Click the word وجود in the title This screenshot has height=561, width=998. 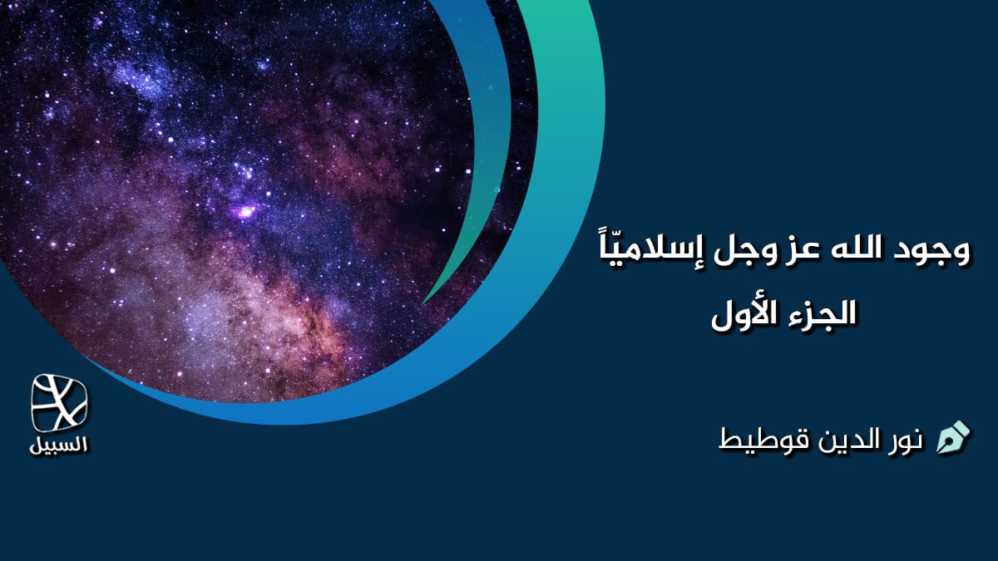(x=933, y=250)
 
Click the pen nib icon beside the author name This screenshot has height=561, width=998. (x=953, y=437)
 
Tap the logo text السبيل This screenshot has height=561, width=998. (x=59, y=444)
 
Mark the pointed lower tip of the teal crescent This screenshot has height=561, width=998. (x=426, y=300)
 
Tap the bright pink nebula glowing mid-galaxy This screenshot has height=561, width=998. (x=246, y=212)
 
